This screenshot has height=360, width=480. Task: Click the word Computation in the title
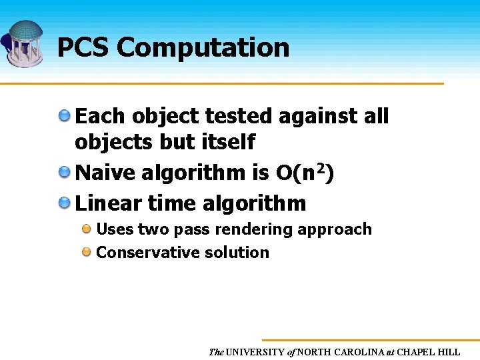(203, 48)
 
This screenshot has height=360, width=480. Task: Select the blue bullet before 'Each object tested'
(65, 115)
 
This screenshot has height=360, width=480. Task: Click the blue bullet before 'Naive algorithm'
(65, 173)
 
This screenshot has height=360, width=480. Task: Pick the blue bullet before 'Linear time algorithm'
(65, 202)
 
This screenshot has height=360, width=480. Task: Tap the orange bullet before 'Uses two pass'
(87, 229)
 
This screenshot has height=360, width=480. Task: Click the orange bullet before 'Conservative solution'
(87, 252)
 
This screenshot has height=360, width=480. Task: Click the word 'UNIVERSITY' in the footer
(255, 351)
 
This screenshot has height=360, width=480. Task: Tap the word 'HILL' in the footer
(447, 351)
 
